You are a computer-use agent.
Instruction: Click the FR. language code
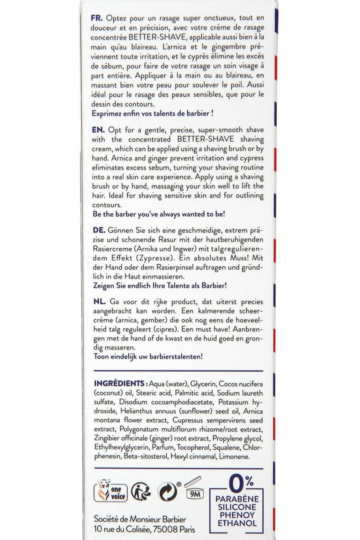tap(97, 18)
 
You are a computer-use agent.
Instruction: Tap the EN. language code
tap(98, 130)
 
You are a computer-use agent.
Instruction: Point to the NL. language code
tap(100, 301)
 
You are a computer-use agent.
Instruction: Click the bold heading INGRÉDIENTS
tap(119, 384)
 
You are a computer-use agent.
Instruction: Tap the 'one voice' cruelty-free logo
tap(111, 492)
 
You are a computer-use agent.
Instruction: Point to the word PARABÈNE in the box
tap(237, 499)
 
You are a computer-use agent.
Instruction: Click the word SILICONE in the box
tap(237, 507)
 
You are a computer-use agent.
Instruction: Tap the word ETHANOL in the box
tap(237, 523)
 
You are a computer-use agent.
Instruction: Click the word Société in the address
tap(107, 519)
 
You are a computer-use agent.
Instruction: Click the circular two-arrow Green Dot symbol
tap(167, 492)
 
